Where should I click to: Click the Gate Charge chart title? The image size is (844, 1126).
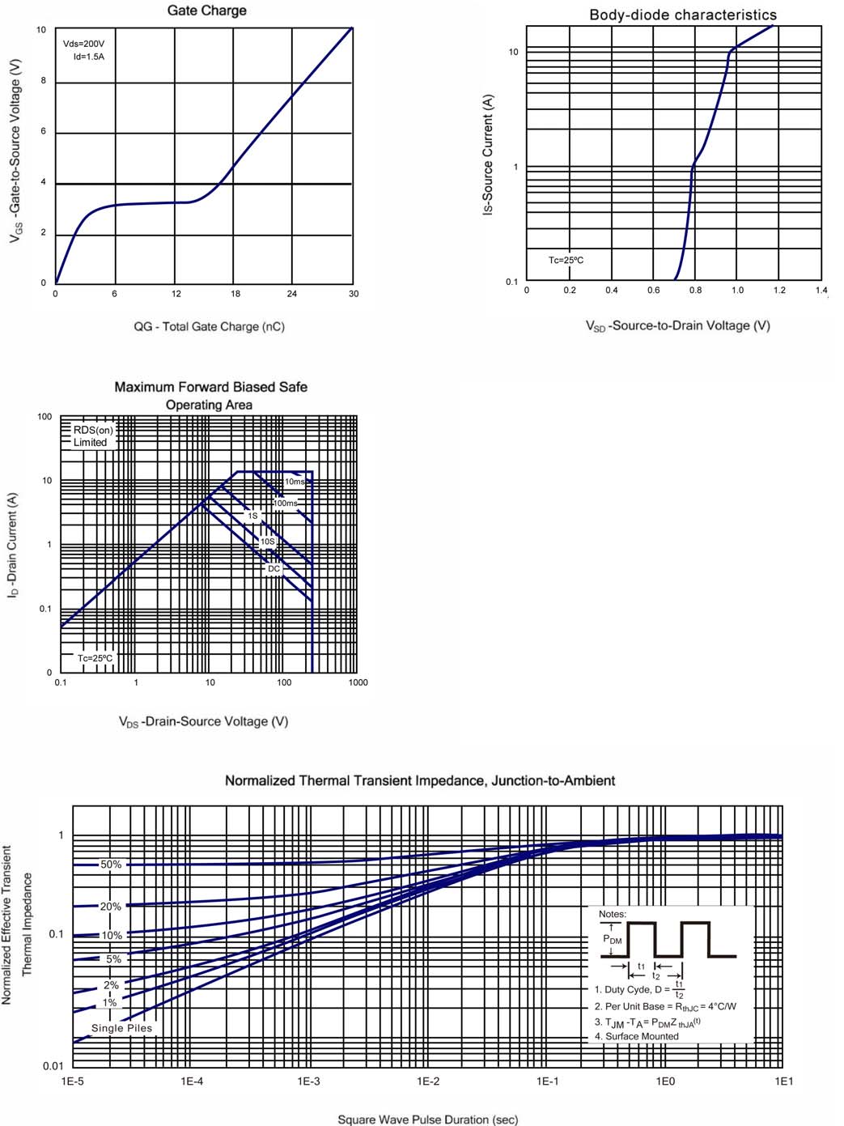coord(206,11)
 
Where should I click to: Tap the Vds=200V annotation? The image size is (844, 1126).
coord(83,44)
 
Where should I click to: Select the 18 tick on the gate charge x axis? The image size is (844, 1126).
coord(235,294)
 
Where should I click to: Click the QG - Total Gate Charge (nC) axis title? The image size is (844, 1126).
coord(209,326)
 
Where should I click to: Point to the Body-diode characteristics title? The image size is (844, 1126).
coord(682,15)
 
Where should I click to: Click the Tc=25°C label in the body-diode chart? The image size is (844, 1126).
coord(566,260)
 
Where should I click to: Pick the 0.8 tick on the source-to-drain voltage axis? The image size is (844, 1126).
coord(695,290)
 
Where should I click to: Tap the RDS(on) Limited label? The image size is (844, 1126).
coord(92,436)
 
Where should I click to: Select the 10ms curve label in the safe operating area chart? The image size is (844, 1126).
coord(295,482)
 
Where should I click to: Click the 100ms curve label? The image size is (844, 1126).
coord(286,503)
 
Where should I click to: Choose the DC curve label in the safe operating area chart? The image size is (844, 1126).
coord(274,568)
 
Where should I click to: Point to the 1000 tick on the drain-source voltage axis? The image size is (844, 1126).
coord(358,682)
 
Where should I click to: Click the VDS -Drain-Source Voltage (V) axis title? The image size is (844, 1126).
coord(203,721)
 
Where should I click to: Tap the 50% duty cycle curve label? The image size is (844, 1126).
coord(111,865)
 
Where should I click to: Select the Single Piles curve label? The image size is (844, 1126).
coord(121,1028)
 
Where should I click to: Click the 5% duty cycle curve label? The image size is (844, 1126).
coord(113,959)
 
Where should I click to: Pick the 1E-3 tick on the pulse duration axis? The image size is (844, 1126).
coord(308,1081)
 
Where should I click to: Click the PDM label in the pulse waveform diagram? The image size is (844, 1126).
coord(613,939)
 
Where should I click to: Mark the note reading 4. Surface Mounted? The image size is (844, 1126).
coord(637,1036)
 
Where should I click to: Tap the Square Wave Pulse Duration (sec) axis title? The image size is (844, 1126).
coord(427,1120)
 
